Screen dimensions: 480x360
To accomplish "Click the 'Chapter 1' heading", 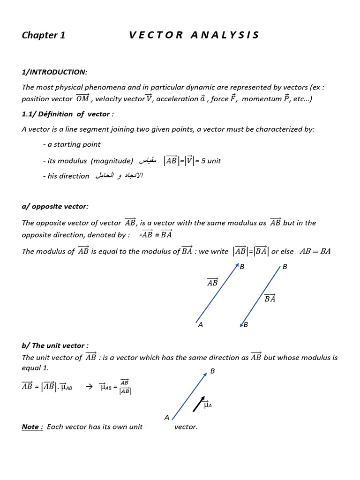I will point(44,36).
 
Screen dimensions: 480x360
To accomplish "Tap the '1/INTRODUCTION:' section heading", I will point(54,72).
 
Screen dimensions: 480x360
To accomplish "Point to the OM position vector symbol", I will point(82,98).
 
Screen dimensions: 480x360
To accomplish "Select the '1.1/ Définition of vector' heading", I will point(67,114).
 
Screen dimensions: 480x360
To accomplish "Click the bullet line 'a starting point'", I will point(71,144).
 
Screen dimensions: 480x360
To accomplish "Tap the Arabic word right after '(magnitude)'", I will point(147,161).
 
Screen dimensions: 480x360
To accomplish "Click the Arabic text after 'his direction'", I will point(119,176).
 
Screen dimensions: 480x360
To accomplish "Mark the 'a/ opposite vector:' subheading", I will point(55,207).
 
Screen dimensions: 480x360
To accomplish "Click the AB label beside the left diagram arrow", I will point(212,283).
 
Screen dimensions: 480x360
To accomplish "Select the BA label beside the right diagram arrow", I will point(270,299).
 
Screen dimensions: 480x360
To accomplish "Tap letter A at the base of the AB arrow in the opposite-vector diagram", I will point(201,325).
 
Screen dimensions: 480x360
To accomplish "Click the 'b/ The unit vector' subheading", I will point(55,345).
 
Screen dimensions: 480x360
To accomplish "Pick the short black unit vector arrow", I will point(199,404).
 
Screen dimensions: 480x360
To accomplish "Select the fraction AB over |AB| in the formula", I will point(125,387).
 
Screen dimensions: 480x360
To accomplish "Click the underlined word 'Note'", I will point(32,427).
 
